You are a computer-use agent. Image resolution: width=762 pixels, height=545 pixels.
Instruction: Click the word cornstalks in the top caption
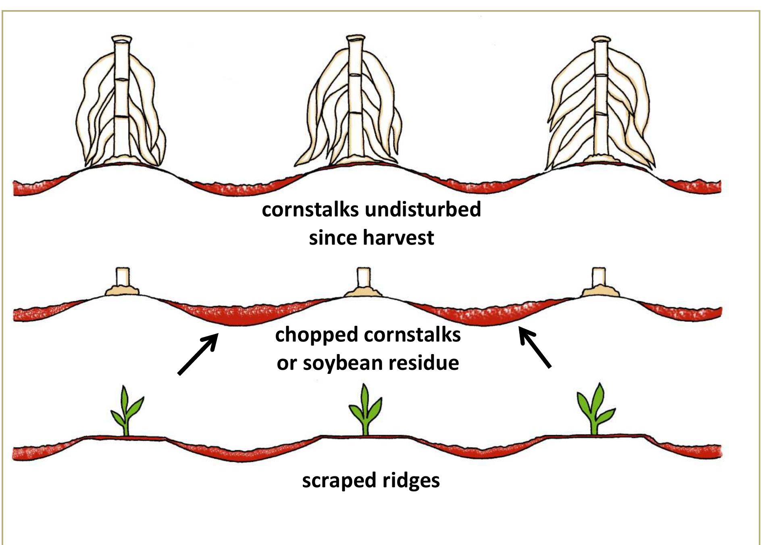pos(310,210)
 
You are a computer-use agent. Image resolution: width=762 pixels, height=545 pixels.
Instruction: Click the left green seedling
pos(126,412)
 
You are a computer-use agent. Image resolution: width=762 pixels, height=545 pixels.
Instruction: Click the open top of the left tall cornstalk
pos(122,39)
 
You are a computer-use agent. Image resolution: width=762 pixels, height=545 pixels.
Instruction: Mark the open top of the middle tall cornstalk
pos(356,38)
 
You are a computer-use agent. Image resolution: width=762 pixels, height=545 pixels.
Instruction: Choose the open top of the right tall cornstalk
pos(601,40)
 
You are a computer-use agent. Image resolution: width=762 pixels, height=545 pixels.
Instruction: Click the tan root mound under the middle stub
pos(364,291)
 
